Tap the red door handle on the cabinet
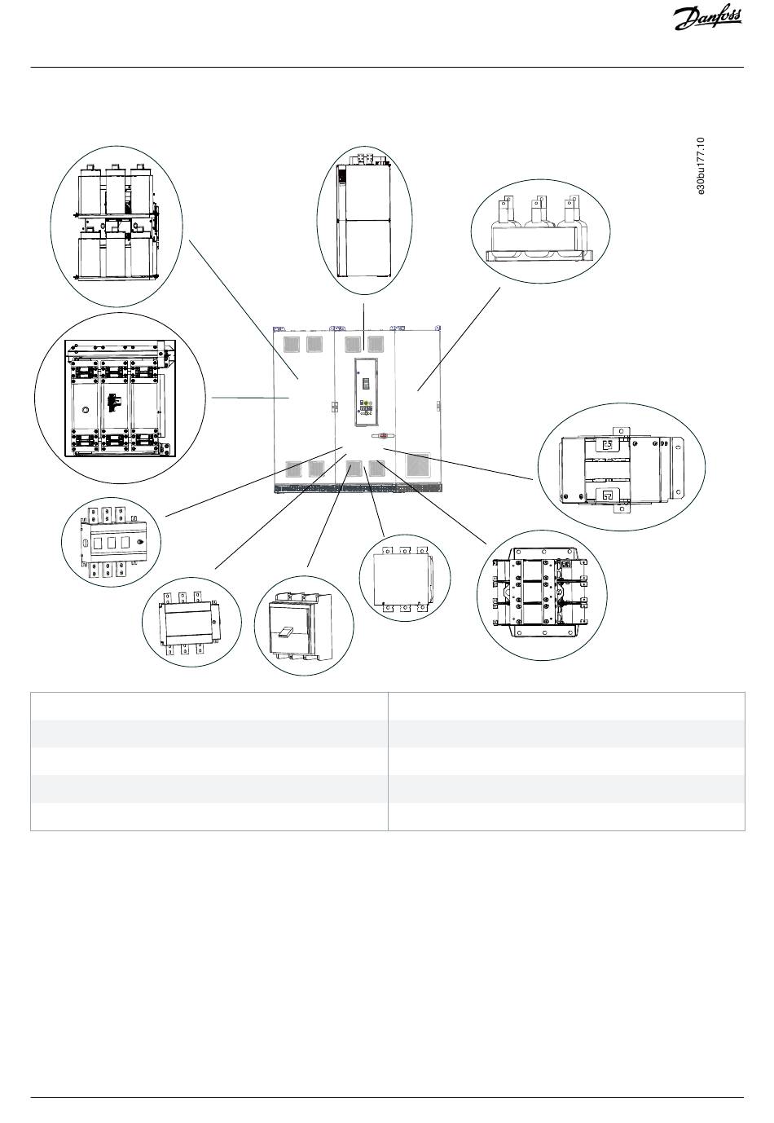[382, 437]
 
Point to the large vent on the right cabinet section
[418, 465]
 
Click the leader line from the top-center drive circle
[363, 316]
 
